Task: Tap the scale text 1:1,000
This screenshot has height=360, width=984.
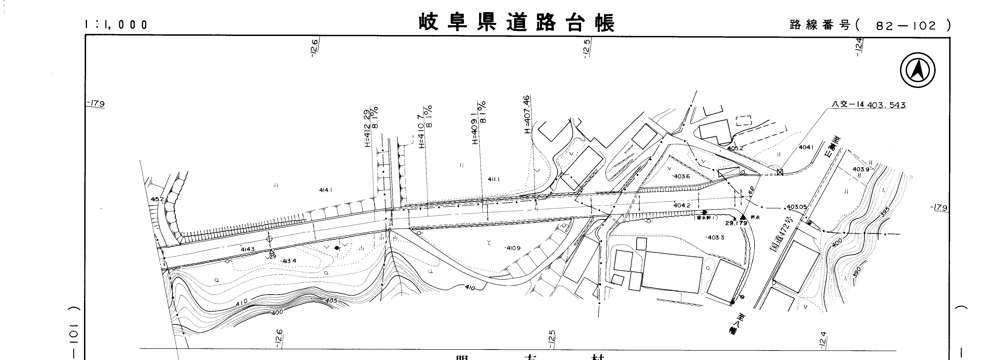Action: click(x=116, y=25)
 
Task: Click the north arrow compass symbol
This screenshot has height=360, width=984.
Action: click(x=918, y=70)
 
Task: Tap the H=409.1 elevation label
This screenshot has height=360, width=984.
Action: click(x=475, y=128)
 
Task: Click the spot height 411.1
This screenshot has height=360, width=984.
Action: click(x=493, y=179)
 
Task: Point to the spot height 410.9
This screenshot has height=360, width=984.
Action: click(x=513, y=248)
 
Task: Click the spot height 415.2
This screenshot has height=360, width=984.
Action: click(x=157, y=199)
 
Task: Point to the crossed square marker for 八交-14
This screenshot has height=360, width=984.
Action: click(x=780, y=172)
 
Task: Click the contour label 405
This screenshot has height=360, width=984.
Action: click(x=331, y=301)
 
